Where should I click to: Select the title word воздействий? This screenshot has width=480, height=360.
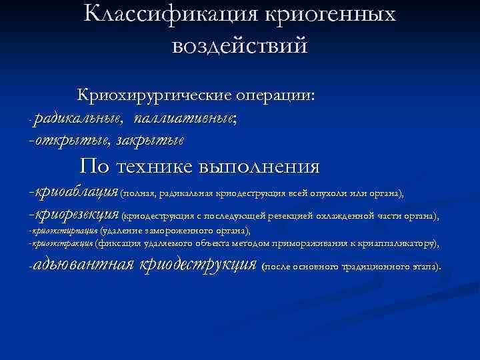240,46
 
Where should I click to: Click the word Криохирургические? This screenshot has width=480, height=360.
153,95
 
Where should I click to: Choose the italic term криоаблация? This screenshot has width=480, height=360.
75,193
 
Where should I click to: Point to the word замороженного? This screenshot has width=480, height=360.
162,231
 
